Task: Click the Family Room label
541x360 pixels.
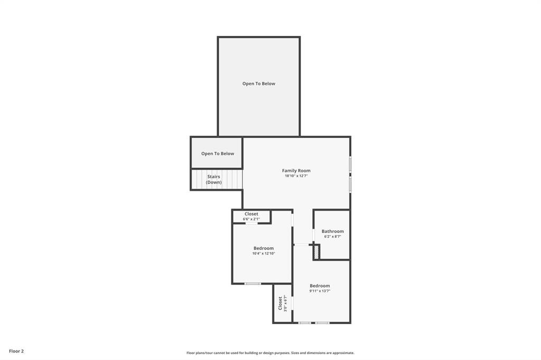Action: tap(296, 170)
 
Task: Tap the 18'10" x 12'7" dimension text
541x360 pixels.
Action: tap(296, 176)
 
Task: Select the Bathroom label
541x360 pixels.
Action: tap(332, 231)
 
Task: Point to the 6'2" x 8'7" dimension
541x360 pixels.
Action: tap(332, 236)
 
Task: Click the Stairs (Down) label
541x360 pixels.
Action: tap(213, 179)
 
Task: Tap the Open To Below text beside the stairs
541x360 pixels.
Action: tap(217, 154)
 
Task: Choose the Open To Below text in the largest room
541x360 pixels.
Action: tap(258, 83)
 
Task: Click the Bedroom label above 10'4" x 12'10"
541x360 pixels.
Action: tap(263, 248)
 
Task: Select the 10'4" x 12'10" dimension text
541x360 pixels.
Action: tap(263, 253)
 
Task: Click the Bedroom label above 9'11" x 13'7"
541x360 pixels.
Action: tap(320, 286)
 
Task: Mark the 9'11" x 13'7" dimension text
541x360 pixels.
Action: tap(320, 291)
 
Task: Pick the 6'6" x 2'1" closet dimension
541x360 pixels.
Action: tap(251, 219)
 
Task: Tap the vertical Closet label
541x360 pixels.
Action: tap(280, 303)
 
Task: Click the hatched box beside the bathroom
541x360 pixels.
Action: tap(316, 252)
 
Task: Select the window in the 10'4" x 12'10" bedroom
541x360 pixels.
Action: tap(252, 284)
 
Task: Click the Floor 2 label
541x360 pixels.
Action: tap(16, 351)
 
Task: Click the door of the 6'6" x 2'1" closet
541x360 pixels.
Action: tap(251, 223)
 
